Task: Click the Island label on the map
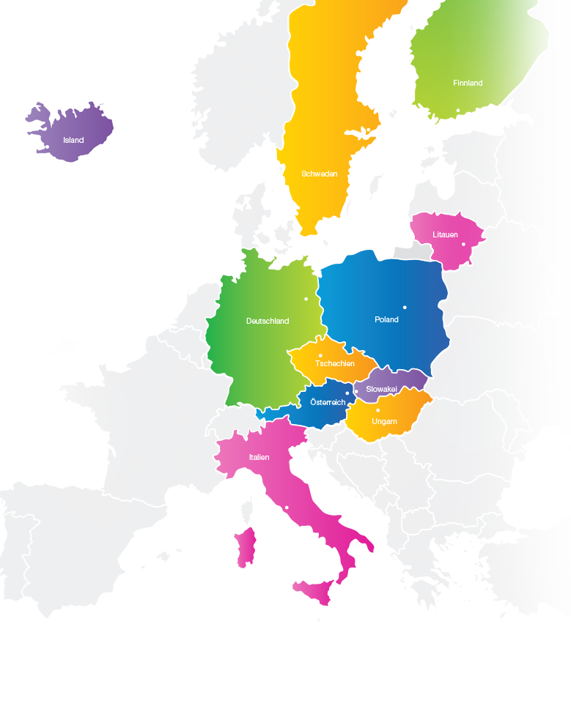pyautogui.click(x=73, y=140)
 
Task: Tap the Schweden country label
pyautogui.click(x=320, y=174)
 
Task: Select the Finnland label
pyautogui.click(x=468, y=83)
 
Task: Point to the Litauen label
pyautogui.click(x=445, y=235)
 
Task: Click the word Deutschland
pyautogui.click(x=268, y=321)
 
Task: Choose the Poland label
pyautogui.click(x=386, y=319)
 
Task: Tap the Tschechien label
pyautogui.click(x=335, y=363)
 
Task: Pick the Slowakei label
pyautogui.click(x=381, y=389)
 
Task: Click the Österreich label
pyautogui.click(x=328, y=403)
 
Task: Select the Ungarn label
pyautogui.click(x=384, y=421)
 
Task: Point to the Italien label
pyautogui.click(x=259, y=457)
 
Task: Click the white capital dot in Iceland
pyautogui.click(x=48, y=146)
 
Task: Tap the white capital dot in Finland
pyautogui.click(x=458, y=111)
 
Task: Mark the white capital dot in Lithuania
pyautogui.click(x=463, y=245)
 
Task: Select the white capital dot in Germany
pyautogui.click(x=306, y=299)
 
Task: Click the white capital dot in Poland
pyautogui.click(x=405, y=307)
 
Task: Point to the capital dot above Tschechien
pyautogui.click(x=320, y=356)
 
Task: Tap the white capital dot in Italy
pyautogui.click(x=287, y=508)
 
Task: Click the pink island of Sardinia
pyautogui.click(x=245, y=547)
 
